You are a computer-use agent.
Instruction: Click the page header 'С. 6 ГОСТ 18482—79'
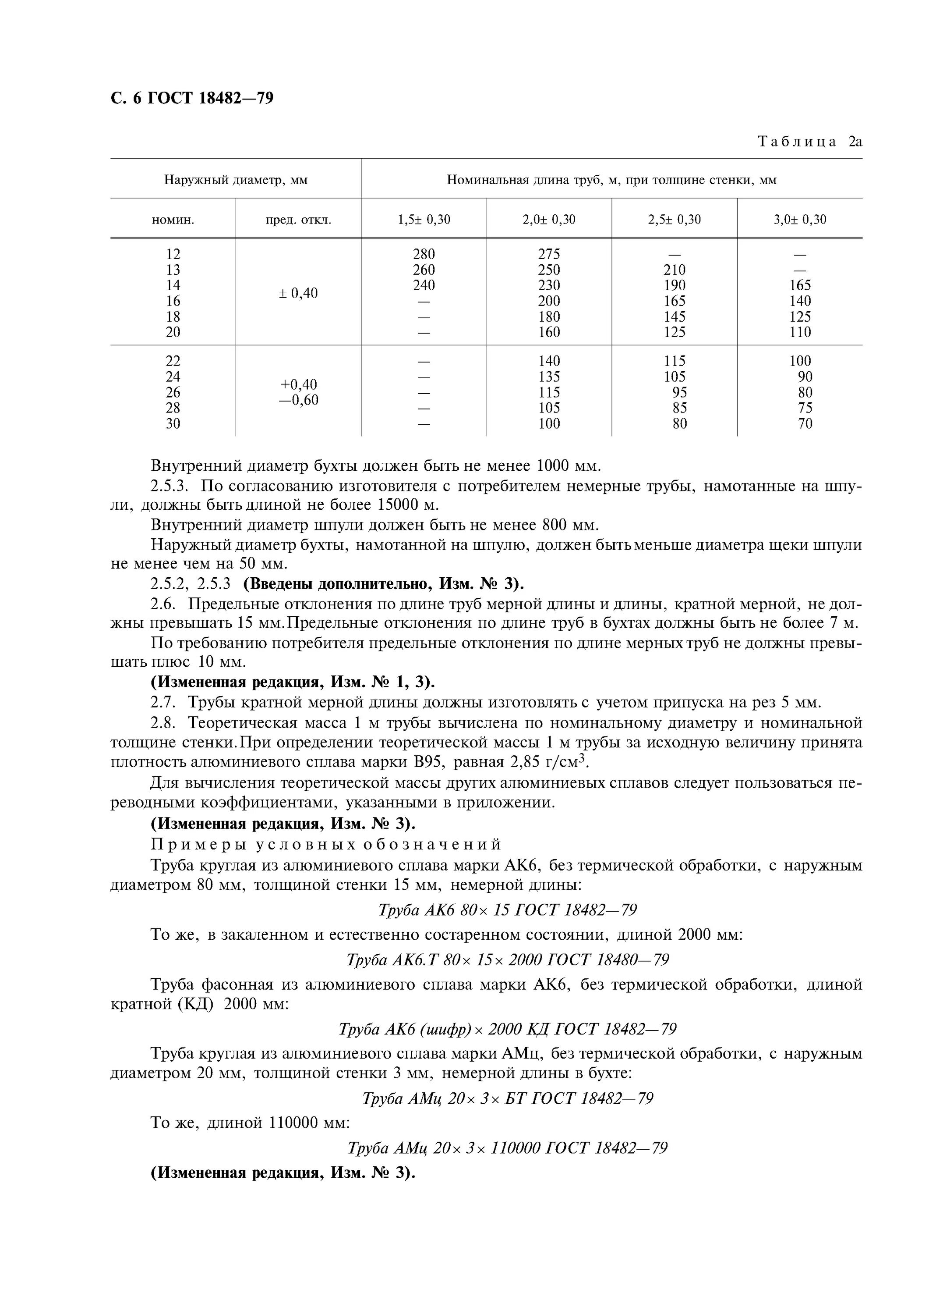[x=192, y=99]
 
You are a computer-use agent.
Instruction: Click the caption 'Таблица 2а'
[x=809, y=142]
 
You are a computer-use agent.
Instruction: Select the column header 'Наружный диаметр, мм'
[x=236, y=180]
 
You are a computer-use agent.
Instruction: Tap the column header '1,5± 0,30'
[x=424, y=219]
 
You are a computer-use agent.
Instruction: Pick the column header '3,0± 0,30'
[x=800, y=219]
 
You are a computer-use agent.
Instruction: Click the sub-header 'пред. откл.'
[x=298, y=219]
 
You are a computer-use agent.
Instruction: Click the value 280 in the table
[x=424, y=254]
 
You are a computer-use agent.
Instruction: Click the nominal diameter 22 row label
[x=173, y=361]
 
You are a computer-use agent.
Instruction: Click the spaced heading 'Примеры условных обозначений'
[x=326, y=844]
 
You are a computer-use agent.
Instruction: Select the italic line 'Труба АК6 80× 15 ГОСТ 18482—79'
[x=507, y=910]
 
